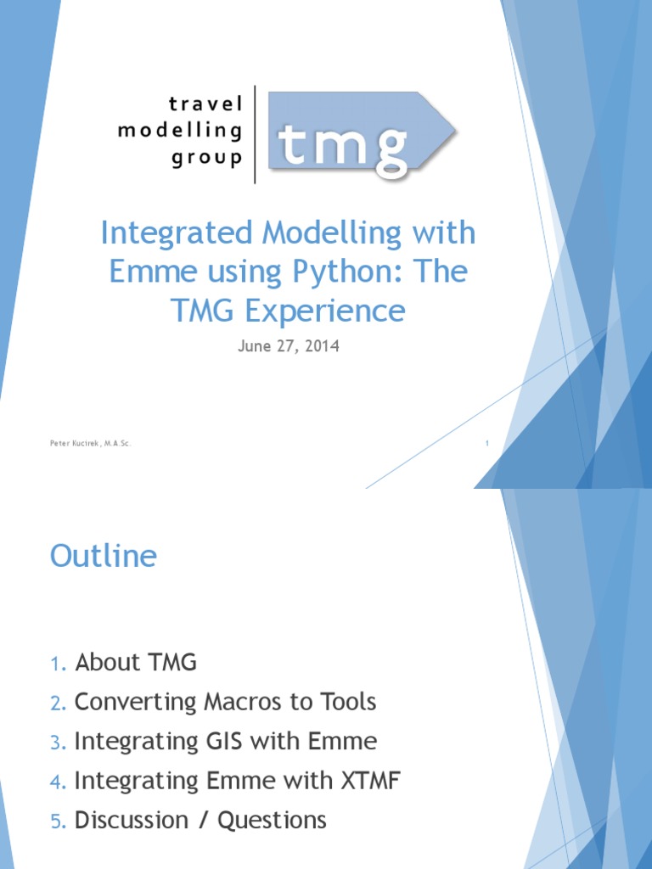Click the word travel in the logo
pos(205,104)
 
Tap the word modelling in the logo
pos(180,132)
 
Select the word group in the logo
pos(207,159)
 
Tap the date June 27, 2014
pos(287,346)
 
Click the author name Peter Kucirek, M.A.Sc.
pos(90,443)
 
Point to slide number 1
pos(487,443)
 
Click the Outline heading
pos(104,557)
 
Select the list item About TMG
pos(136,663)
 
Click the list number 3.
pos(56,743)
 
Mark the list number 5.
pos(56,821)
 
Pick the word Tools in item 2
pos(344,703)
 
